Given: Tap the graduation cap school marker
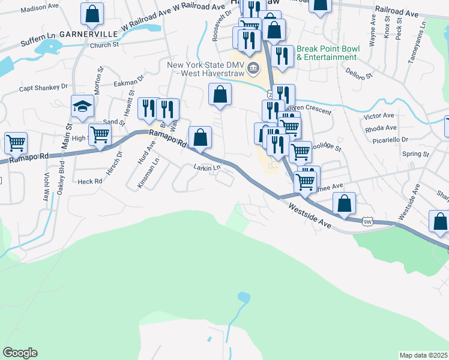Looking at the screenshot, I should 82,107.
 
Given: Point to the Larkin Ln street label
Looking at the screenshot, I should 207,167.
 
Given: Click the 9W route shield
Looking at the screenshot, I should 368,221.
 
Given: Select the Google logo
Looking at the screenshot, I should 20,353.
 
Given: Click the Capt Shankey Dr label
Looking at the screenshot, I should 43,87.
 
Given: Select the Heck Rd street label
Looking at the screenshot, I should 90,181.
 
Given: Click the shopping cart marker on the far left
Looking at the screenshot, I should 15,143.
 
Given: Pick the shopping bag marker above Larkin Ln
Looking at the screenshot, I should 200,137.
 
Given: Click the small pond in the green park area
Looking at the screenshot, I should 243,297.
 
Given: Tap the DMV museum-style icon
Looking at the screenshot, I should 253,68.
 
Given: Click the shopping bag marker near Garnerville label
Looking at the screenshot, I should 92,13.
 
